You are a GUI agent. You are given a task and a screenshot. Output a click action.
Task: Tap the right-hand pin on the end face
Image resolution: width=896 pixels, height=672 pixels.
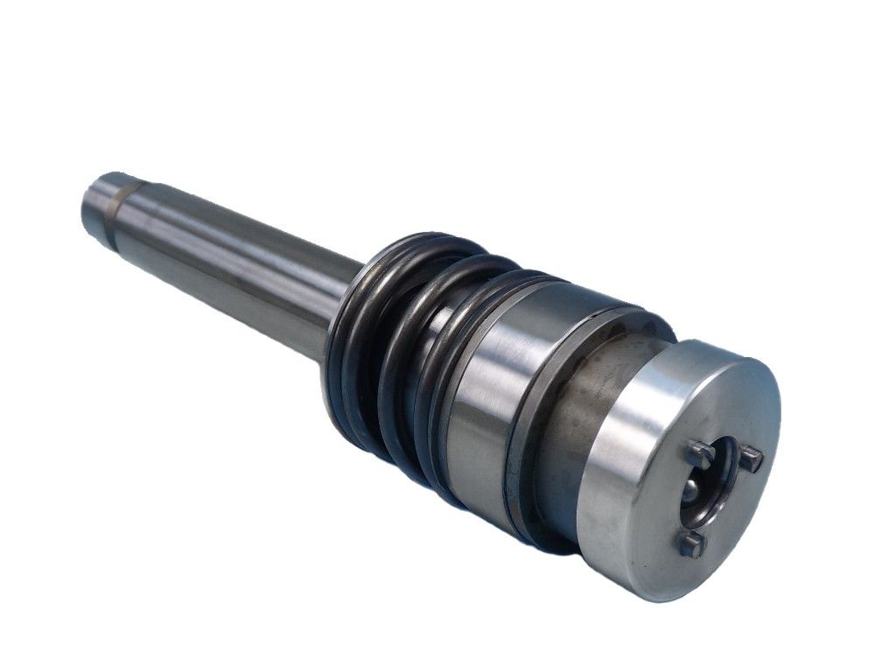(751, 458)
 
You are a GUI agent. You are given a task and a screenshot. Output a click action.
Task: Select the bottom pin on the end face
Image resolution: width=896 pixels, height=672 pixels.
(691, 544)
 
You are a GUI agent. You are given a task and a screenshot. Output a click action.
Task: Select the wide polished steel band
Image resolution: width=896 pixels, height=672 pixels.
(490, 385)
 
